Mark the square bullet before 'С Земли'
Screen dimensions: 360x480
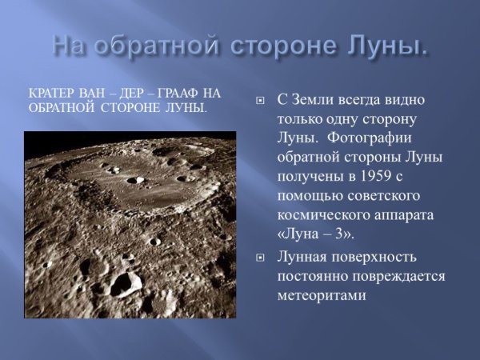point(259,102)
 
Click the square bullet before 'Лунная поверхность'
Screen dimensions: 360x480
point(259,258)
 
